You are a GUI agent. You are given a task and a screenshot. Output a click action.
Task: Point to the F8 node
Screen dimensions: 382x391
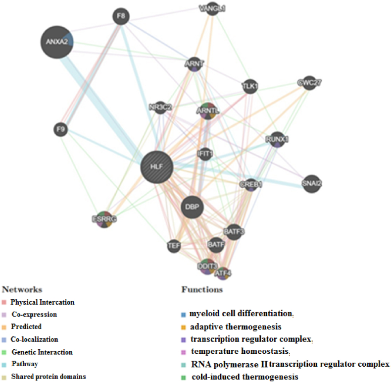[x=121, y=17]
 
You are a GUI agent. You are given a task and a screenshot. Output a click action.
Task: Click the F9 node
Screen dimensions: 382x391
[x=60, y=130]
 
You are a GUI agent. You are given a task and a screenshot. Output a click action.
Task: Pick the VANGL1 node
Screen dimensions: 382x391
[x=212, y=8]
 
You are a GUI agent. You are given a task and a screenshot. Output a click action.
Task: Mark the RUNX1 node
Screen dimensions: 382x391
[x=276, y=140]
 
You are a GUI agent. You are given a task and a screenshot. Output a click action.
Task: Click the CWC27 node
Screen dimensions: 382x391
[x=306, y=83]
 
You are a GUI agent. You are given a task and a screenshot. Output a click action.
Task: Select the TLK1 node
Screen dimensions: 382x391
[x=249, y=87]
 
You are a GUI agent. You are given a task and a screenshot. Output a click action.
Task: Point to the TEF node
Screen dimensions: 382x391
[x=174, y=245]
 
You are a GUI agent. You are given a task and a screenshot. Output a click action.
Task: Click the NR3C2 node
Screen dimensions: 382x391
[x=159, y=107]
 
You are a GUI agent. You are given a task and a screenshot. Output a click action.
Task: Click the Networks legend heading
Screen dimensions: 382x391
[x=22, y=289]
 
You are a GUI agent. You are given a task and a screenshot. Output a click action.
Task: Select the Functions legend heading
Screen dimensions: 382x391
[x=201, y=289]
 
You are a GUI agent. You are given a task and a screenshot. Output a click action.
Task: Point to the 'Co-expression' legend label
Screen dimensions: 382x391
[x=34, y=314]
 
